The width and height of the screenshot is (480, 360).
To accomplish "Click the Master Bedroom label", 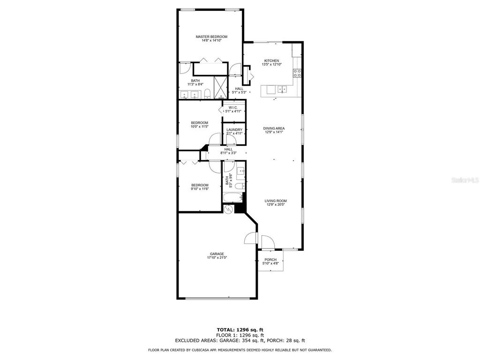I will (x=211, y=37).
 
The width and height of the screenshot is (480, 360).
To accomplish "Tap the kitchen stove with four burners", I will (x=297, y=73).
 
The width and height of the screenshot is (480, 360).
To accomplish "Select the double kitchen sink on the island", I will (x=283, y=89).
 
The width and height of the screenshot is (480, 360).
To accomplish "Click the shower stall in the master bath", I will (x=220, y=86).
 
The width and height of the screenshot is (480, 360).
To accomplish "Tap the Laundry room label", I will (x=234, y=130).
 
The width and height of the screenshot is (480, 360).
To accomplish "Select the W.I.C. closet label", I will (x=233, y=107).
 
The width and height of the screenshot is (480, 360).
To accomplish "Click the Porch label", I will (x=270, y=260).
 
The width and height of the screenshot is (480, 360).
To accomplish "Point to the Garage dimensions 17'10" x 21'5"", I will (x=217, y=258).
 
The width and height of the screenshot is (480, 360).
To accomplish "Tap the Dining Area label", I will (x=274, y=128).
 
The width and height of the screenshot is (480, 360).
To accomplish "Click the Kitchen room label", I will (x=271, y=60).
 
